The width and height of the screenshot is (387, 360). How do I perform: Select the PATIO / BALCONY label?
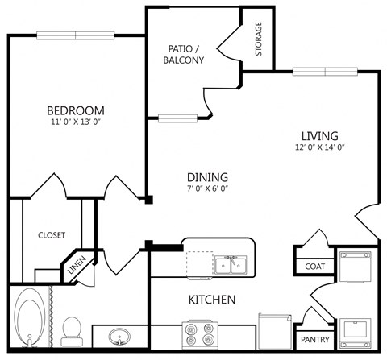pyautogui.click(x=182, y=54)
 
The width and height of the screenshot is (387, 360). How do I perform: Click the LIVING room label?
pyautogui.click(x=320, y=135)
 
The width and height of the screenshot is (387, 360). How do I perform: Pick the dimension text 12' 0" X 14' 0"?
pyautogui.click(x=320, y=147)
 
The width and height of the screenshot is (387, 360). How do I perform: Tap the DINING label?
pyautogui.click(x=207, y=177)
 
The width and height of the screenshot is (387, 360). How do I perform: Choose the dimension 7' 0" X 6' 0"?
pyautogui.click(x=207, y=189)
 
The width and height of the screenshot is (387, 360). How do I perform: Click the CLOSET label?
pyautogui.click(x=52, y=235)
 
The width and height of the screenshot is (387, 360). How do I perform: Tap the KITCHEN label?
pyautogui.click(x=211, y=300)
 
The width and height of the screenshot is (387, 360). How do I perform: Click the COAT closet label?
pyautogui.click(x=314, y=267)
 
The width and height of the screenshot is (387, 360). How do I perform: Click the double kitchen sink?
pyautogui.click(x=230, y=264)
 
